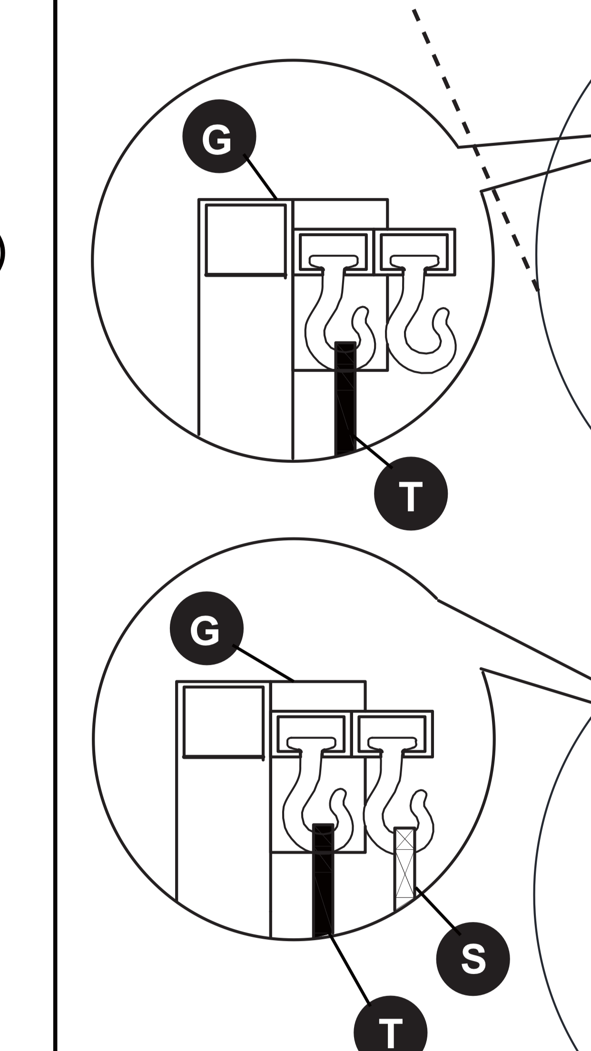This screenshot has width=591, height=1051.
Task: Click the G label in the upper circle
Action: pos(219,137)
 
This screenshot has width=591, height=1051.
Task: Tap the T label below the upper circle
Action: pos(411,493)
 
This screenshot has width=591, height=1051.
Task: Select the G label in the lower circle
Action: pos(207,628)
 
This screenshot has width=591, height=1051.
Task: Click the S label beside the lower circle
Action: pos(473,959)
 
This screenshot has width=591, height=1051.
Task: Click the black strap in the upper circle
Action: pos(345,400)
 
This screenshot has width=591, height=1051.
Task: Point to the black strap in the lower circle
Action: pos(323,881)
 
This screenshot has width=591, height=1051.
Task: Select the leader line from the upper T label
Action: pos(374,452)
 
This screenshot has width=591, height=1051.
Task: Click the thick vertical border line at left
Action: pos(55,524)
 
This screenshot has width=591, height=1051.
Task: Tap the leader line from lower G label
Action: pos(264,663)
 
